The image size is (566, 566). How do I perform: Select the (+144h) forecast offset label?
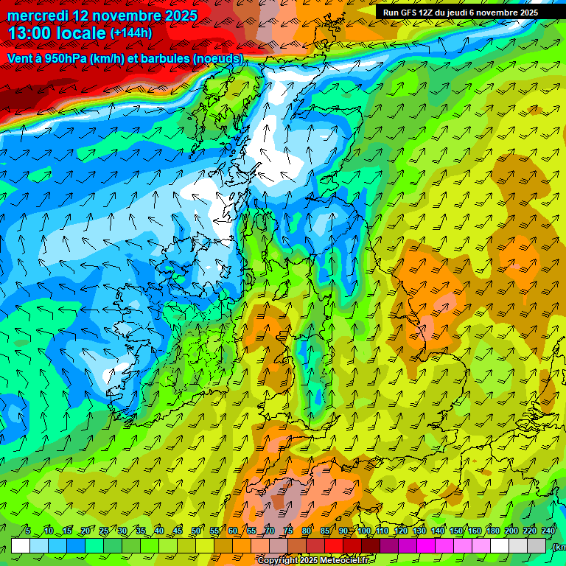pyautogui.click(x=130, y=33)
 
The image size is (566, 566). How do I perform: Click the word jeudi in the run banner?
pyautogui.click(x=461, y=13)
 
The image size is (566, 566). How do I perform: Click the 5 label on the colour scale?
pyautogui.click(x=28, y=531)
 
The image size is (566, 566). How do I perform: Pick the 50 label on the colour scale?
pyautogui.click(x=196, y=531)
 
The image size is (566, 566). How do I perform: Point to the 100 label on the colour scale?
pyautogui.click(x=364, y=531)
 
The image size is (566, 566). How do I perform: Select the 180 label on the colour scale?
pyautogui.click(x=493, y=531)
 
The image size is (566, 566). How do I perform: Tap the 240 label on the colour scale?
pyautogui.click(x=548, y=531)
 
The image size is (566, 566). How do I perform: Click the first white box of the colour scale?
pyautogui.click(x=21, y=545)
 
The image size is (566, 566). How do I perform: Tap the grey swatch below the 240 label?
pyautogui.click(x=537, y=545)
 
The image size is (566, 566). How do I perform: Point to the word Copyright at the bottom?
pyautogui.click(x=279, y=561)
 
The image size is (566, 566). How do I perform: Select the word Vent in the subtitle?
pyautogui.click(x=19, y=58)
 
